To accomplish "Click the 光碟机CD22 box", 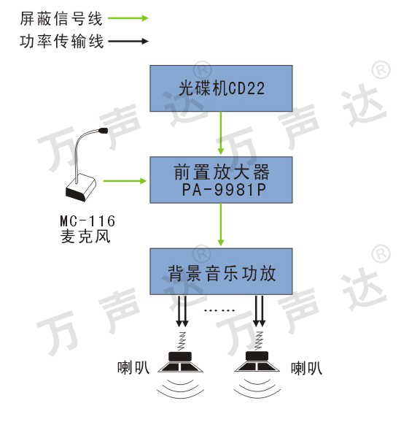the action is click(221, 88).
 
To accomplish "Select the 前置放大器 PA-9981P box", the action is click(221, 180).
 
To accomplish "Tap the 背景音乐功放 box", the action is click(221, 272).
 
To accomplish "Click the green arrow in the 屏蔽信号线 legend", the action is click(128, 18).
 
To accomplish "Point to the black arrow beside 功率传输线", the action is click(128, 42).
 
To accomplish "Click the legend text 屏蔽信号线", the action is click(61, 18).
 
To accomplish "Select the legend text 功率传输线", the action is click(62, 42).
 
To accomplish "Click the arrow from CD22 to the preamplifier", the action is click(221, 133).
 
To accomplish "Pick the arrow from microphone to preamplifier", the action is click(125, 181).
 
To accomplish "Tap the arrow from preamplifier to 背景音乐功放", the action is click(221, 224).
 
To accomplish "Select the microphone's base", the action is click(80, 188).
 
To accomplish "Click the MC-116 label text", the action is click(87, 221).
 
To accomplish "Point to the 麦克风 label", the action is click(85, 237).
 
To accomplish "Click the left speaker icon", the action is click(180, 362).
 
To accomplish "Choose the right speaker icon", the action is click(257, 361).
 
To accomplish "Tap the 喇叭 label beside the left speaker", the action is click(133, 367).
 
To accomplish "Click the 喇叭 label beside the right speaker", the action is click(306, 368).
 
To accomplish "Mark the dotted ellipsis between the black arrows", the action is click(219, 310).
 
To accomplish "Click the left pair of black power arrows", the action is click(182, 311).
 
